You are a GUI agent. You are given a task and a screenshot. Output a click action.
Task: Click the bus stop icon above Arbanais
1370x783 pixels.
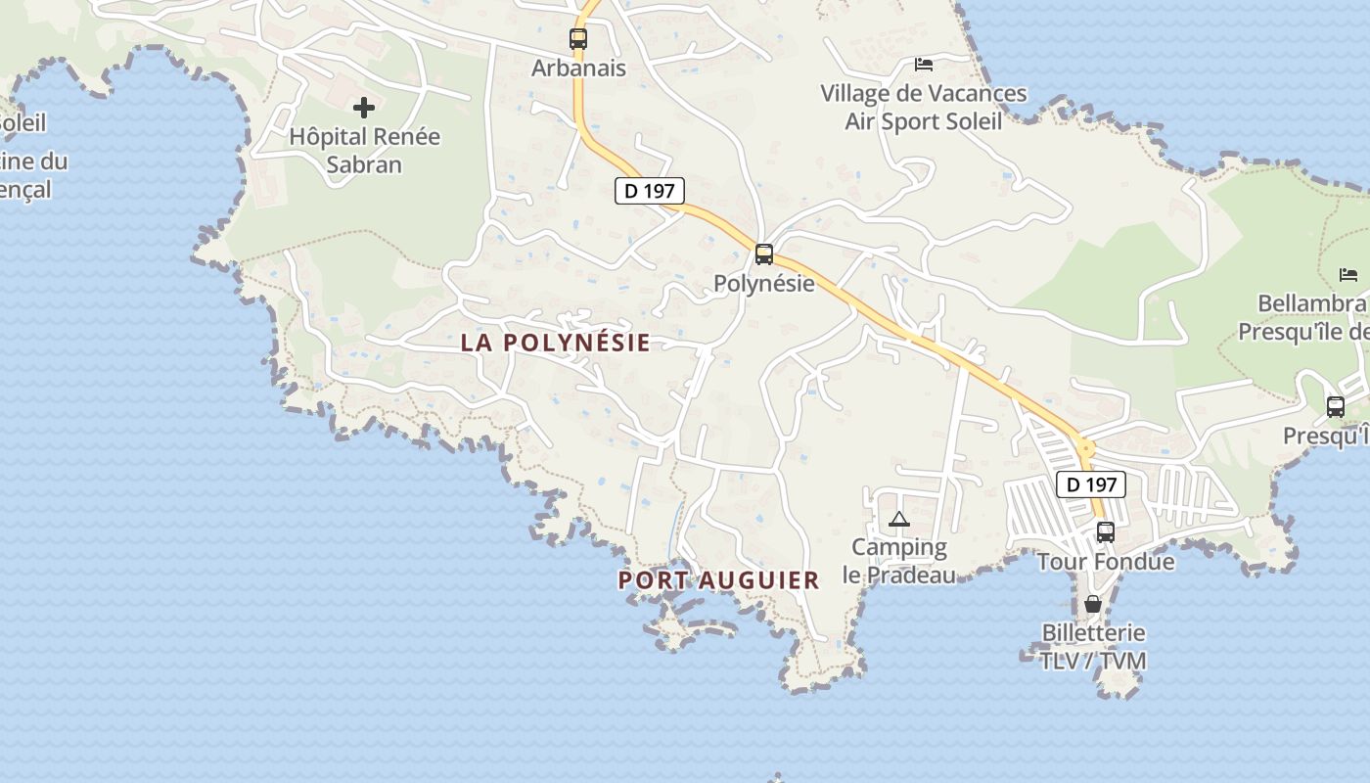point(578,39)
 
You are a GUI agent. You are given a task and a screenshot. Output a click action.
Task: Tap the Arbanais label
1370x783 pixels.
point(578,69)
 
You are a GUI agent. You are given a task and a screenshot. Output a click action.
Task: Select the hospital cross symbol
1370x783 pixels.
point(364,107)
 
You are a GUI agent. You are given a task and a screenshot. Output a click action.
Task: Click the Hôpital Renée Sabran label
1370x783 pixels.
point(364,150)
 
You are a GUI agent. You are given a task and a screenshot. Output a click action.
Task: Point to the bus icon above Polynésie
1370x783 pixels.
point(764,254)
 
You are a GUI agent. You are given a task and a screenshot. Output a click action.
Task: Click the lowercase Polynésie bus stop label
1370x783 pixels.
point(764,284)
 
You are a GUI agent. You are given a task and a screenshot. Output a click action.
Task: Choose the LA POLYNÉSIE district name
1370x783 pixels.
point(555,343)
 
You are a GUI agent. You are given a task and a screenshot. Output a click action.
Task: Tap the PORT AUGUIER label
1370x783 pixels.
point(718,580)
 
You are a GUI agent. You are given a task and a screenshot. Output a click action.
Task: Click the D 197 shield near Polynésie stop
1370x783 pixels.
point(650,191)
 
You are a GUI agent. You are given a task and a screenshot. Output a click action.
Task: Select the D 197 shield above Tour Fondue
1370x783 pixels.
point(1090,484)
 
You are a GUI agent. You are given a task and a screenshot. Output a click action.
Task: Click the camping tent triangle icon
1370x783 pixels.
point(899,519)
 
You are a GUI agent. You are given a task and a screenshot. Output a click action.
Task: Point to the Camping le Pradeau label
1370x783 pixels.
point(899,561)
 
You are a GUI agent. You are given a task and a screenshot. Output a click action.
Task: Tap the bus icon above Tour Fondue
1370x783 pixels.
point(1106,532)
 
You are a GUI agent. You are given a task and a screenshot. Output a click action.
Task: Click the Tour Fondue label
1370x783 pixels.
point(1106,562)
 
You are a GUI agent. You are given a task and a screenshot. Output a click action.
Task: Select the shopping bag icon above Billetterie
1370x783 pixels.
point(1093,604)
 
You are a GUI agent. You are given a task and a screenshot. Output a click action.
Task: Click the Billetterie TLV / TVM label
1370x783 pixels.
point(1093,647)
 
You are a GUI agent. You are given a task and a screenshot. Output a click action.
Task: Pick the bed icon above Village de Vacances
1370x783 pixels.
point(923,65)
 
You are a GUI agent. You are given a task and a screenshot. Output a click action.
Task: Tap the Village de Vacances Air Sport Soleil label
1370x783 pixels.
point(924,108)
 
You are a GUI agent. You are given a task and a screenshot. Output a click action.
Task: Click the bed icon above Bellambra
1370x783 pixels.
point(1348,274)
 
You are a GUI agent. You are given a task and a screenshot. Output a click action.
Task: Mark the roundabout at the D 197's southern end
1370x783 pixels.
point(1084,449)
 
